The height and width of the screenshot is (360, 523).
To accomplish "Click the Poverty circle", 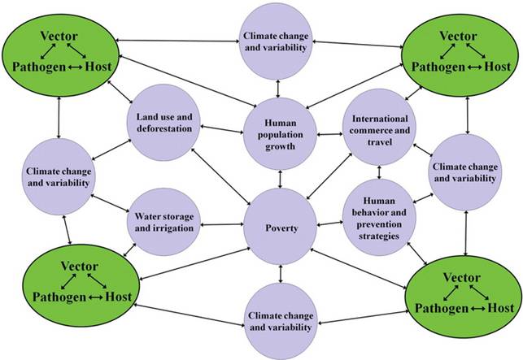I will (281, 228).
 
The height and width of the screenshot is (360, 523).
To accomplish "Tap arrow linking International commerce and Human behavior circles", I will (380, 171).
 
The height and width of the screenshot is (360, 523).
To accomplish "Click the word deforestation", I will (163, 128).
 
